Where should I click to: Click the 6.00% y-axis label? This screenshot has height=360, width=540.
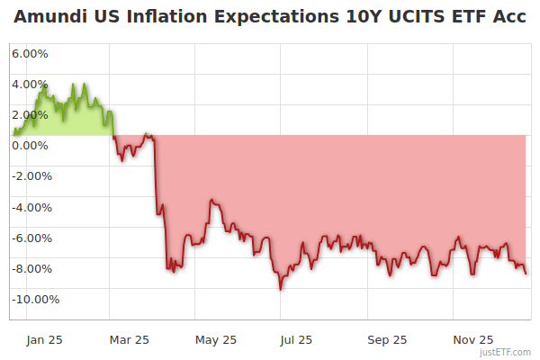(30, 53)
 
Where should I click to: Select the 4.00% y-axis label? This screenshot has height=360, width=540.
(30, 84)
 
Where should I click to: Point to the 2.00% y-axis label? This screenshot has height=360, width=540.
(30, 114)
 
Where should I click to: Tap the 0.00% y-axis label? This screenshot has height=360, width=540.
(30, 145)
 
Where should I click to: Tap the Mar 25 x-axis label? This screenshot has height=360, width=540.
(129, 339)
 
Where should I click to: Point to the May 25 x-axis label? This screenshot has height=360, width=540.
(216, 339)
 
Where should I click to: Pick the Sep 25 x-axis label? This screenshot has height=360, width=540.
(387, 339)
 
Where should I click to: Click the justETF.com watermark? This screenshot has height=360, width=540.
(508, 352)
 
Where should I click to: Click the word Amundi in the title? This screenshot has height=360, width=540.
(51, 17)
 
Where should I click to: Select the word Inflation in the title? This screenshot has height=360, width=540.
(166, 17)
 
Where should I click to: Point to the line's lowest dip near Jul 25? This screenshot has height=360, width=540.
(281, 288)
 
